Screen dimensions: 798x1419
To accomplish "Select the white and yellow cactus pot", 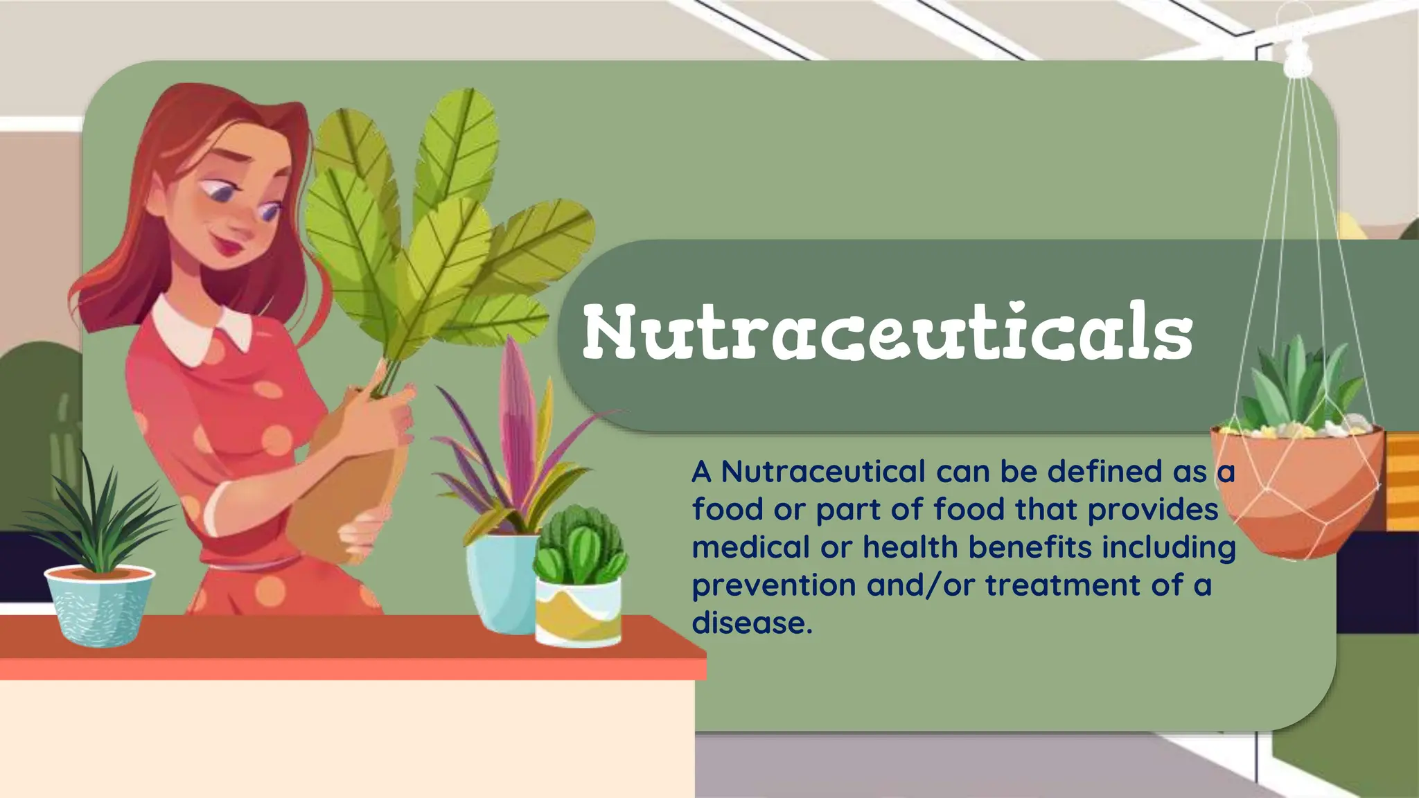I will pos(578,612).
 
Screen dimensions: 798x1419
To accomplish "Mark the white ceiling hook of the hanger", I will pos(1298,58).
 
